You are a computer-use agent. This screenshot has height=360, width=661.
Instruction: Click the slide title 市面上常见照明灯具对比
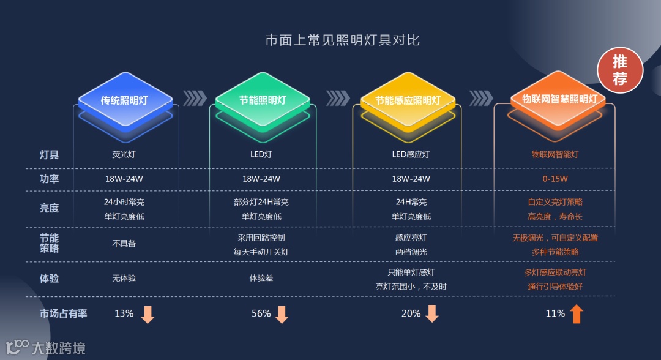342,40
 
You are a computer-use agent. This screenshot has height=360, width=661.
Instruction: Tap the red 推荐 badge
619,70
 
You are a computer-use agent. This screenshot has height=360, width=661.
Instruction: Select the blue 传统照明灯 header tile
125,100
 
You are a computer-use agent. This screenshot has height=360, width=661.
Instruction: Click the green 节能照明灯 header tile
263,100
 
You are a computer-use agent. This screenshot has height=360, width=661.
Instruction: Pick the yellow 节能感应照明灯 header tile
408,100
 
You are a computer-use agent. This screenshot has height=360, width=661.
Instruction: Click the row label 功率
49,179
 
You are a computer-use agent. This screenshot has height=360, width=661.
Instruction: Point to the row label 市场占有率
63,313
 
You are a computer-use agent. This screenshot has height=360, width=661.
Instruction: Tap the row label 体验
49,278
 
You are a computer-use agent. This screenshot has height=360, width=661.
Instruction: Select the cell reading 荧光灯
124,154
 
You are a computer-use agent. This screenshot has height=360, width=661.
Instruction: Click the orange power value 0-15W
555,179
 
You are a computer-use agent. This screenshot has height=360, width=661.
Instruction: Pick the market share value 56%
261,313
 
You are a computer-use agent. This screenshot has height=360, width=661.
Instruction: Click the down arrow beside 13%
148,314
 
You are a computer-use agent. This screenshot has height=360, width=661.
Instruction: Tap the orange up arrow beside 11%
576,313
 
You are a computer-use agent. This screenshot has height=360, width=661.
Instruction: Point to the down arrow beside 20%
432,313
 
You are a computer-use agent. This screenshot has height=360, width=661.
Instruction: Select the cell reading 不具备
124,243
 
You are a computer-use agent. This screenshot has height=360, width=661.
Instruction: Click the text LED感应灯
411,154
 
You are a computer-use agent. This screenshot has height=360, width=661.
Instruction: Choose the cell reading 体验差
261,278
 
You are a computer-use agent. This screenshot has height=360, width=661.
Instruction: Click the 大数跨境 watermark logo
45,348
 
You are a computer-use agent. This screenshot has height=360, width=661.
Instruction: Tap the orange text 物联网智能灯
555,154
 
